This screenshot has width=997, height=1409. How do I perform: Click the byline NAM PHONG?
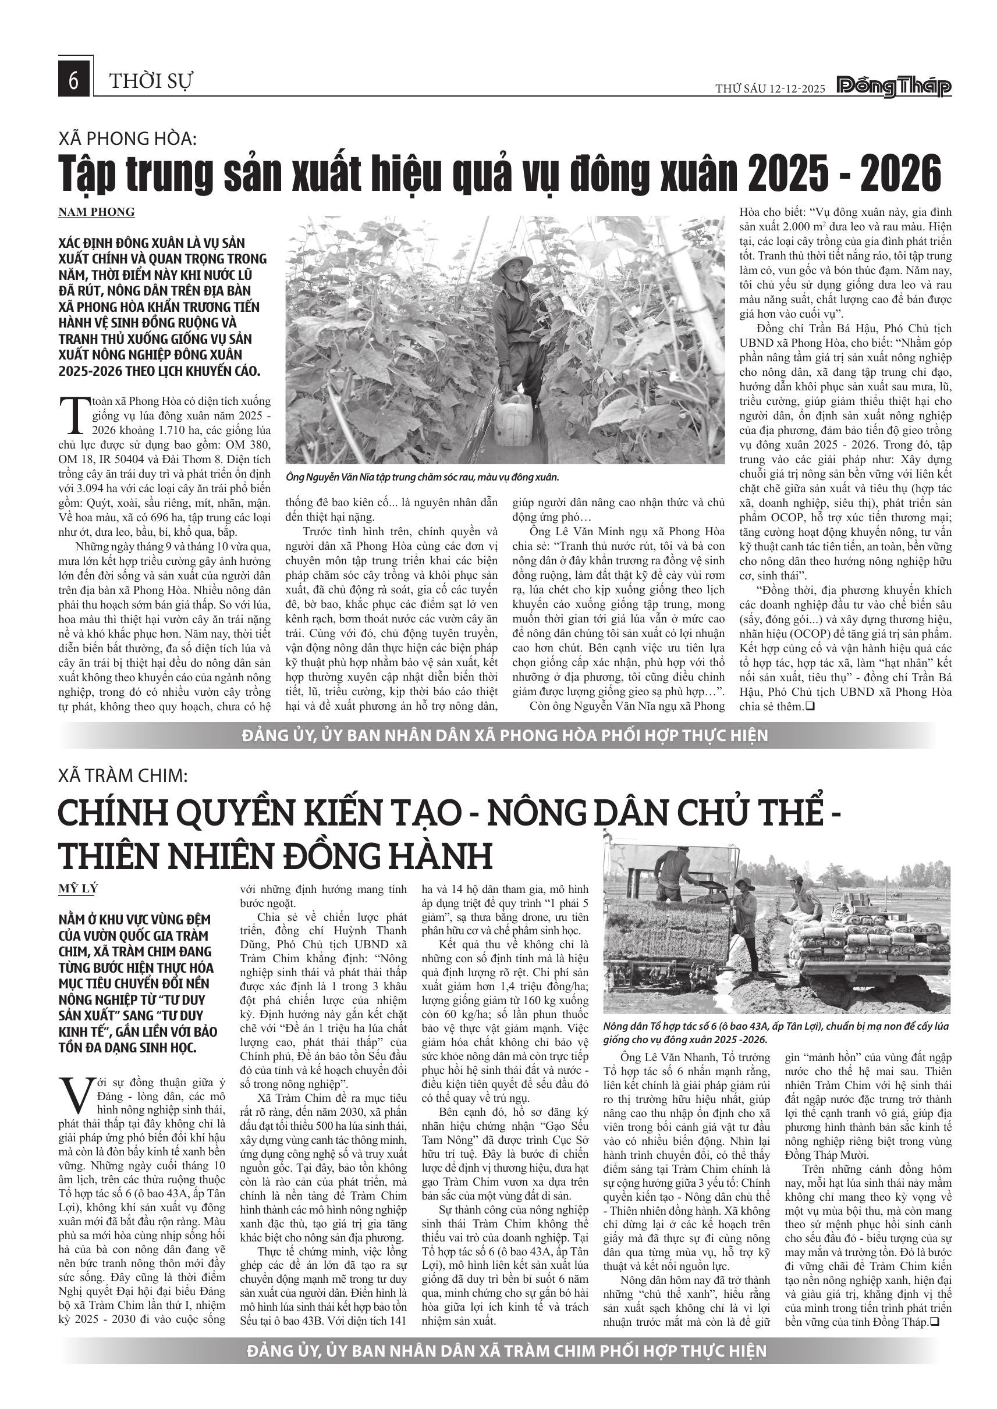97,212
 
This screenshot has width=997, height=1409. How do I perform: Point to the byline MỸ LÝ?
78,888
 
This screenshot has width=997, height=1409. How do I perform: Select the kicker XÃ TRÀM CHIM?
123,775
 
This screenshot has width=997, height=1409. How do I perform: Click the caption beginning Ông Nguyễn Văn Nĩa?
423,477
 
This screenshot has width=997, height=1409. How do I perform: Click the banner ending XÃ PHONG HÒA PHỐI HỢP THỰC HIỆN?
505,735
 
